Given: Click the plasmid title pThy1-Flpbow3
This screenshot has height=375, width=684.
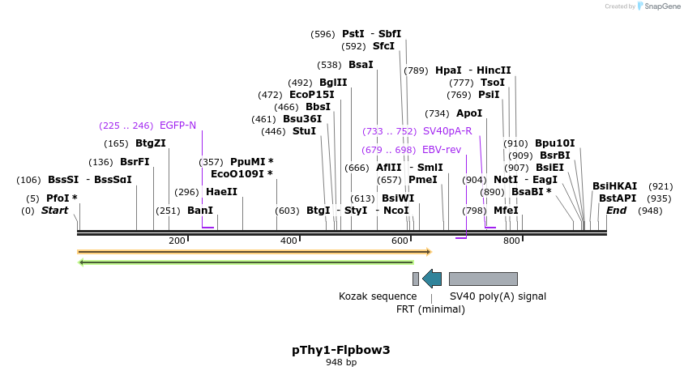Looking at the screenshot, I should (340, 350).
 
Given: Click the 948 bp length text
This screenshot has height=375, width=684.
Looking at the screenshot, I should (340, 362).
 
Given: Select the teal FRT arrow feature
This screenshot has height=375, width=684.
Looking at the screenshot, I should (432, 279).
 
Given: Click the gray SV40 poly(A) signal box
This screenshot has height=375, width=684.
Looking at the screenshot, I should (483, 279).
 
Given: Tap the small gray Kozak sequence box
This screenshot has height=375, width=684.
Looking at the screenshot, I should (416, 279).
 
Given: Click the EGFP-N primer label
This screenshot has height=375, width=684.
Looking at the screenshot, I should (177, 126).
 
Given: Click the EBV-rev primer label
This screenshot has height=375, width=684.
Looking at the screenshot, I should (442, 150).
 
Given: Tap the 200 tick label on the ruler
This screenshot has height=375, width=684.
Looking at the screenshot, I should (177, 241).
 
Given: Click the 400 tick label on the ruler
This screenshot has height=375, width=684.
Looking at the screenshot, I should (289, 241).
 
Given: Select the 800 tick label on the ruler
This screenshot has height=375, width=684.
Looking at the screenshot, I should (511, 241).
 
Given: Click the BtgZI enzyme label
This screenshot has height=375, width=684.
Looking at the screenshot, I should (151, 143).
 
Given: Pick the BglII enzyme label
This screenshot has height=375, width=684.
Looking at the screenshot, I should (333, 83).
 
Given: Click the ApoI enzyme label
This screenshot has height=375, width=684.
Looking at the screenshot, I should (469, 113).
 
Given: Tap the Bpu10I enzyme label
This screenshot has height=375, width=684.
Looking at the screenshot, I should (554, 143).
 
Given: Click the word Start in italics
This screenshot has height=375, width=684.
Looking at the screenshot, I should (54, 211).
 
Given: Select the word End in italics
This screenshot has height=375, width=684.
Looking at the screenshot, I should (616, 211).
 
